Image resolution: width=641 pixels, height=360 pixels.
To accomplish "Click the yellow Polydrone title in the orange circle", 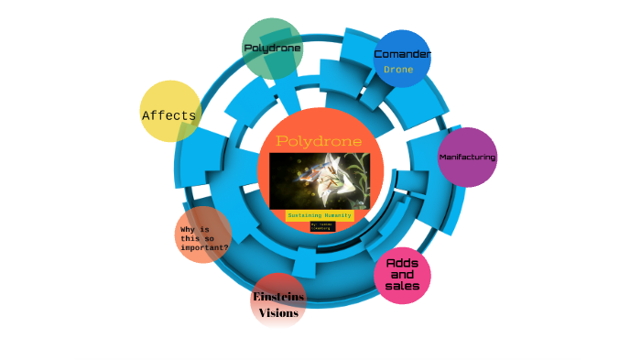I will pos(319,142).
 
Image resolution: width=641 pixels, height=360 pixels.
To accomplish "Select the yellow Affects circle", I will pos(170,111).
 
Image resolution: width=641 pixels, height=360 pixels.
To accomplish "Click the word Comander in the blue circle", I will pos(403,54).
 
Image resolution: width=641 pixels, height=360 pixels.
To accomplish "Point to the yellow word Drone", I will pos(398,70).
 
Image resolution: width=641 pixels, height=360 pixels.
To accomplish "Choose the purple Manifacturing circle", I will pos(467,158).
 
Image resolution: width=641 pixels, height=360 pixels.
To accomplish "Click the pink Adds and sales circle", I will pos(403,275).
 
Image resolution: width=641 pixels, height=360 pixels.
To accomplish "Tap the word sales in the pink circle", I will pos(403,286).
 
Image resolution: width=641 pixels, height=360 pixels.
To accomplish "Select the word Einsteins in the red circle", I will pos(278,297).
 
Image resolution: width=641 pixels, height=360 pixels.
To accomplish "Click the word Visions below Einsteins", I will pos(278,313).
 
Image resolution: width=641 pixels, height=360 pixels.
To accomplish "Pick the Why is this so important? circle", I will pos(202,235).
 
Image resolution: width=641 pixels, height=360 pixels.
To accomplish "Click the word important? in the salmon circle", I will pos(205,247).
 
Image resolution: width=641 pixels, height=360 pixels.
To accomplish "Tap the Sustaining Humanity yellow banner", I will pos(320,215).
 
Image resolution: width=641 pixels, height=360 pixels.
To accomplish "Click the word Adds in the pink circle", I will pos(403,263).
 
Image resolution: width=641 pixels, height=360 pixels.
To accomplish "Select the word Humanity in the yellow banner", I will pos(335,215).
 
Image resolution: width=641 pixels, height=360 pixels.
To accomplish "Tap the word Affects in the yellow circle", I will pos(169,115).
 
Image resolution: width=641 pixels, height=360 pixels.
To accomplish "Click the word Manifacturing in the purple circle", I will pos(467,158).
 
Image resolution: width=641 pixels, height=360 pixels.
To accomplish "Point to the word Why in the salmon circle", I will pos(188,229).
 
